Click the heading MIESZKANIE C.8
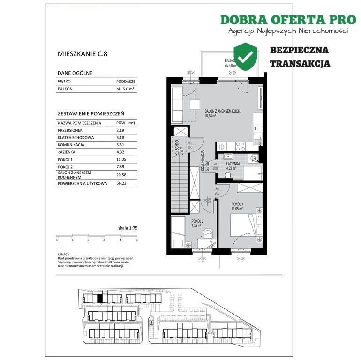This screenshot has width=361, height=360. (x=82, y=54)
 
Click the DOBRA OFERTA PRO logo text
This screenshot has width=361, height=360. (x=288, y=20)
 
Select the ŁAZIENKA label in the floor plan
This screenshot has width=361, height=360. (x=233, y=164)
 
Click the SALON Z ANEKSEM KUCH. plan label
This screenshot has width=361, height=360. (x=223, y=112)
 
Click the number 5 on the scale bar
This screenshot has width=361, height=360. (x=136, y=240)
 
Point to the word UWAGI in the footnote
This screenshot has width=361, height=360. (x=57, y=255)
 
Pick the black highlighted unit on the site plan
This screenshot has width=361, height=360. (x=99, y=298)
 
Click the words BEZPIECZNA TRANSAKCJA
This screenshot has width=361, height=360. (x=300, y=57)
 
